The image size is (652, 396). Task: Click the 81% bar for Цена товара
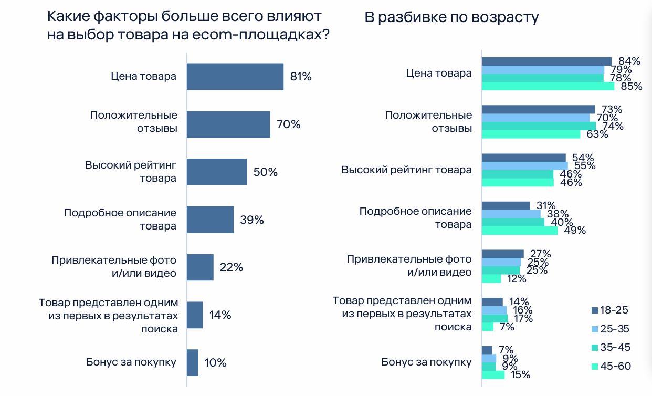(x=235, y=77)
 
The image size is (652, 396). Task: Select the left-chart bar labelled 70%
(x=228, y=124)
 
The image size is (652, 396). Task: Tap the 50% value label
(x=266, y=172)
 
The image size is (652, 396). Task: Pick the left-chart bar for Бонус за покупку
(x=192, y=362)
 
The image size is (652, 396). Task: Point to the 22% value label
(x=232, y=267)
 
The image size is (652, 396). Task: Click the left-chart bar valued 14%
(x=194, y=315)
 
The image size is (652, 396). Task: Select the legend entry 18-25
(x=609, y=310)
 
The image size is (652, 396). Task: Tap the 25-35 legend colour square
(x=595, y=329)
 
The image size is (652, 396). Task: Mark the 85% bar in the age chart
(x=548, y=86)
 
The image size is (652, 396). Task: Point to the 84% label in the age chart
(x=628, y=61)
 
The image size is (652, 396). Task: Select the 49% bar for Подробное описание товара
(x=519, y=230)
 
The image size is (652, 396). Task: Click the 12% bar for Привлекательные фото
(x=491, y=278)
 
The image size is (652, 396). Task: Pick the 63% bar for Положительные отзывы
(x=531, y=134)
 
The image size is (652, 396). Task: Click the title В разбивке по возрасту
(x=451, y=17)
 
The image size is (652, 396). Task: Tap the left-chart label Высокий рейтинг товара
(x=131, y=172)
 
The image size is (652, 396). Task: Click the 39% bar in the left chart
(x=210, y=220)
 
